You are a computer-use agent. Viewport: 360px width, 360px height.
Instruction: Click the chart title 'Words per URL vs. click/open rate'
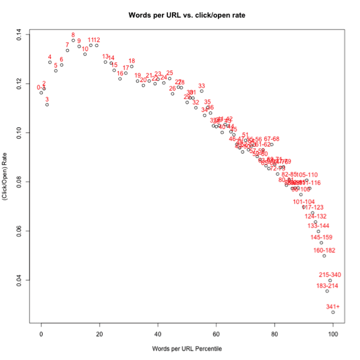pyautogui.click(x=186, y=13)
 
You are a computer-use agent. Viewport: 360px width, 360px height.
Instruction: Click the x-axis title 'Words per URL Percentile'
pyautogui.click(x=186, y=349)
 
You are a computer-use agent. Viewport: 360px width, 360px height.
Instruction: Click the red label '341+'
pyautogui.click(x=333, y=306)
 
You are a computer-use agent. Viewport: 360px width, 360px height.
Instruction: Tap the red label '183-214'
pyautogui.click(x=327, y=286)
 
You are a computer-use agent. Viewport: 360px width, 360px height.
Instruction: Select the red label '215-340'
pyautogui.click(x=330, y=275)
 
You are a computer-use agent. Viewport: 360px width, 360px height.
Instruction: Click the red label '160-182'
pyautogui.click(x=324, y=250)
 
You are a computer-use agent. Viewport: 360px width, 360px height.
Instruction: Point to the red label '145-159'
pyautogui.click(x=321, y=237)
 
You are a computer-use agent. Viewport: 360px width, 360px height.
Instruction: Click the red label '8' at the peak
pyautogui.click(x=73, y=35)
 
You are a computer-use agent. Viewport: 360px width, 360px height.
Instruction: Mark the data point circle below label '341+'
pyautogui.click(x=333, y=312)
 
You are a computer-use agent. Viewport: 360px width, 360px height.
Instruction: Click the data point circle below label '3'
pyautogui.click(x=47, y=105)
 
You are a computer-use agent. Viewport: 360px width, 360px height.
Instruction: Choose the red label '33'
pyautogui.click(x=202, y=86)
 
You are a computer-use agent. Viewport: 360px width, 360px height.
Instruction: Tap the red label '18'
pyautogui.click(x=131, y=61)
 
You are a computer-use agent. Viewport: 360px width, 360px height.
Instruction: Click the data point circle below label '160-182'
pyautogui.click(x=324, y=256)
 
